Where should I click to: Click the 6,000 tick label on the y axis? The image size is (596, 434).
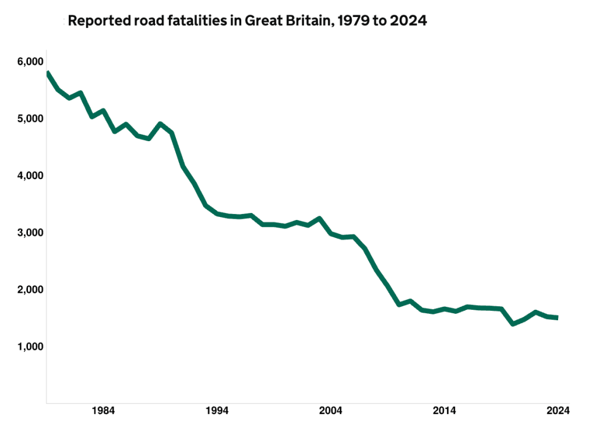pos(30,62)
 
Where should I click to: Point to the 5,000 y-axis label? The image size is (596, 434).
pos(30,119)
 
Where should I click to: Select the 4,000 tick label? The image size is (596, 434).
pos(30,176)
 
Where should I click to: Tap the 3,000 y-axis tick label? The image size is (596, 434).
pos(30,233)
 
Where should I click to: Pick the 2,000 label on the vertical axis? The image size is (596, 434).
pos(30,290)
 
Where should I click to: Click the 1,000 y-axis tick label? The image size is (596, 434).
pos(30,347)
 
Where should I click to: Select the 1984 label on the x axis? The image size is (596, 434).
pos(103,411)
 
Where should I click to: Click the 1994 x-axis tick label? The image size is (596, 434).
pos(217,411)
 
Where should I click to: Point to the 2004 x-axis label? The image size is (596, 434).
pos(330,411)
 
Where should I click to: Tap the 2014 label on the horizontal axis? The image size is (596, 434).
pos(444,411)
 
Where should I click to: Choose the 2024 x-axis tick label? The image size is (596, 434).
pos(558,411)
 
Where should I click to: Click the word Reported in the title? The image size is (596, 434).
pos(99,21)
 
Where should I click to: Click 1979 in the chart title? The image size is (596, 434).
pos(352,20)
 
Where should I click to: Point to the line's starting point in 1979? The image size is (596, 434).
pos(48,72)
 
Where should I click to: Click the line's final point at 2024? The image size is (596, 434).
pos(557,317)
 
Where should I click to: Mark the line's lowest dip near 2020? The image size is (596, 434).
pos(513,324)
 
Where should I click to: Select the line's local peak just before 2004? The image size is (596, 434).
pos(319,219)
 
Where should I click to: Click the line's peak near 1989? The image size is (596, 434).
pos(160,124)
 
